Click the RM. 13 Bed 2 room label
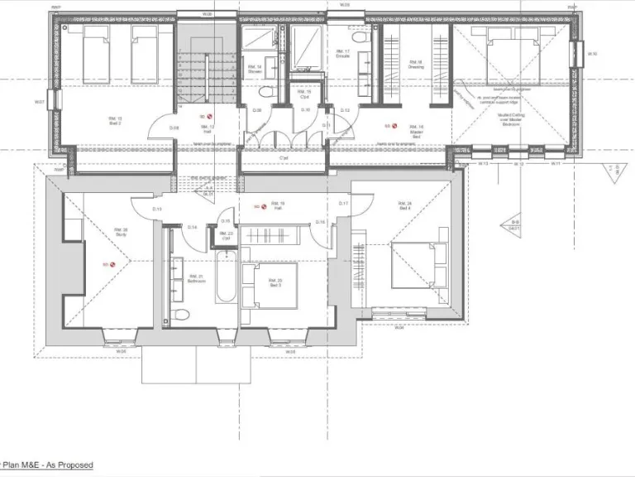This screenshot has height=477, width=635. [x=115, y=121]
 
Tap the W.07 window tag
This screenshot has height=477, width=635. [x=39, y=102]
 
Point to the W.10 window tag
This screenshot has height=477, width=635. [x=592, y=55]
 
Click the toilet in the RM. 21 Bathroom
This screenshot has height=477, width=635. [x=181, y=313]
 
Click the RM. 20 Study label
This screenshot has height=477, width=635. [x=122, y=233]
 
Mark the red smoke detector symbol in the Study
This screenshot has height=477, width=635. [x=106, y=265]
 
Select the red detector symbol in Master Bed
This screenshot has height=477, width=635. [x=387, y=127]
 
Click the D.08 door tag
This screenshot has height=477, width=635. [x=174, y=128]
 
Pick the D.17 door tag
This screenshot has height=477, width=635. [x=344, y=203]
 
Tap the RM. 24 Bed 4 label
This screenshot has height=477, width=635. [x=404, y=205]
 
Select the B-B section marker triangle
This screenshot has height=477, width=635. [x=514, y=224]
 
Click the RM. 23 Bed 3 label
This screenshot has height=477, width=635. [x=275, y=282]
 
